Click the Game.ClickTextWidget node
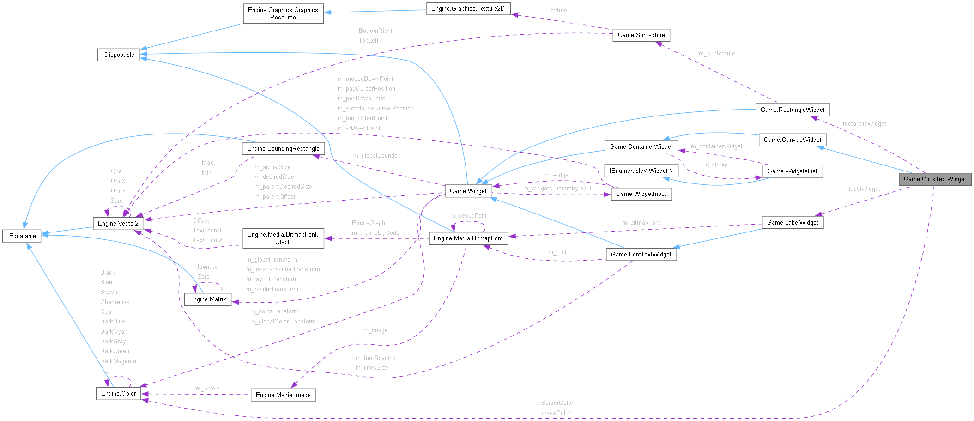(934, 179)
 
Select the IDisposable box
(118, 55)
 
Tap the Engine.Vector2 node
(118, 224)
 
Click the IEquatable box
(22, 236)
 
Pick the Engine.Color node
(118, 394)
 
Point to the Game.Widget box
(468, 191)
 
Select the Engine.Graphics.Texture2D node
(468, 9)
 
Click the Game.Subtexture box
(641, 35)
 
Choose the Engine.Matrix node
(207, 299)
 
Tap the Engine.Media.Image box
(283, 395)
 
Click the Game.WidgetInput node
(641, 194)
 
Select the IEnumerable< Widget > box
(641, 171)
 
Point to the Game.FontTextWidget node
(641, 255)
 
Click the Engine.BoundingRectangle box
(283, 149)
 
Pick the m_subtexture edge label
(716, 54)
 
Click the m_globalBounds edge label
(375, 156)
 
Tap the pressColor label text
(556, 413)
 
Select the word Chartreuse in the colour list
(115, 302)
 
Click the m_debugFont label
(468, 216)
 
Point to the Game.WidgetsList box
(792, 171)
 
